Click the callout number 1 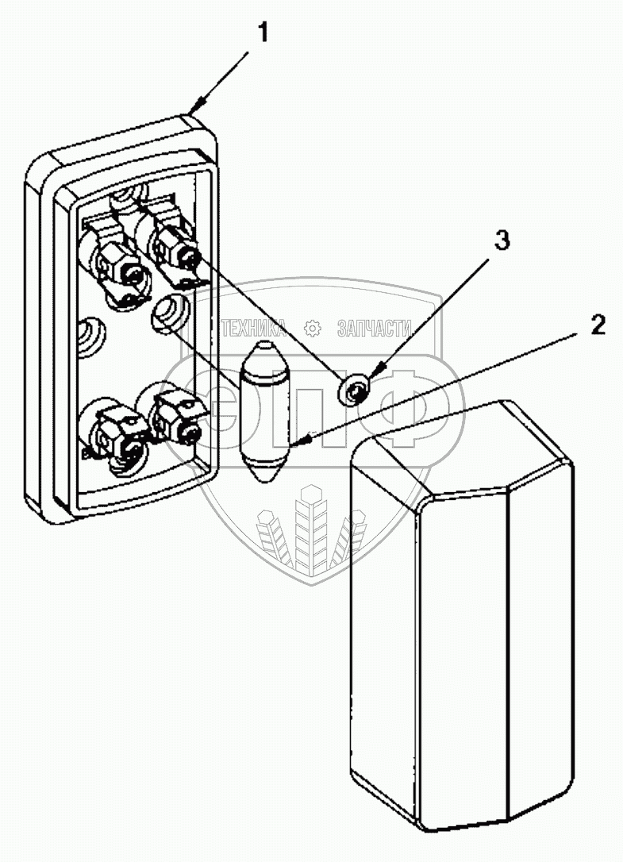click(263, 33)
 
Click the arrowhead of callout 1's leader click(194, 108)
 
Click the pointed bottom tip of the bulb click(264, 479)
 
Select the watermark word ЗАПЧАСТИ click(374, 328)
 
